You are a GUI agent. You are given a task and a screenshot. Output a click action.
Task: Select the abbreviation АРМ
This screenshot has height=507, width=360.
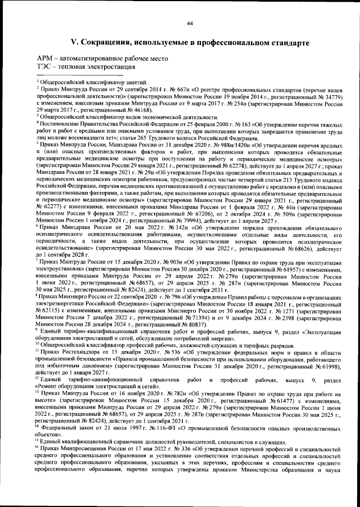pyautogui.click(x=46, y=59)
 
